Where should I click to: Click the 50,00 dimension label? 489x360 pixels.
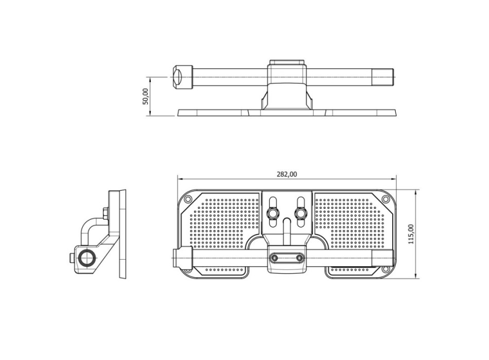point(145,96)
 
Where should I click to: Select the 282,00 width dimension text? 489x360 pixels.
point(287,174)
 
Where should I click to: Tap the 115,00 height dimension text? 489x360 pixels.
point(411,234)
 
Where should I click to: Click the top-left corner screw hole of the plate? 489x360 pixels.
point(188,199)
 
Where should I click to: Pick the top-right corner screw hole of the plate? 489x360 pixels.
point(386,199)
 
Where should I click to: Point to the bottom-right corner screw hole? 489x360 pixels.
point(386,269)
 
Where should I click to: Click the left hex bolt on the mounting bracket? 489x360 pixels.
point(273,213)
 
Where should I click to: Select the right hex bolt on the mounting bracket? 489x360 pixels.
point(301,213)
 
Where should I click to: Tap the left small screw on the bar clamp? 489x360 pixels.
point(274,258)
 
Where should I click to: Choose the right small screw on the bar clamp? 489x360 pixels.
point(299,258)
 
